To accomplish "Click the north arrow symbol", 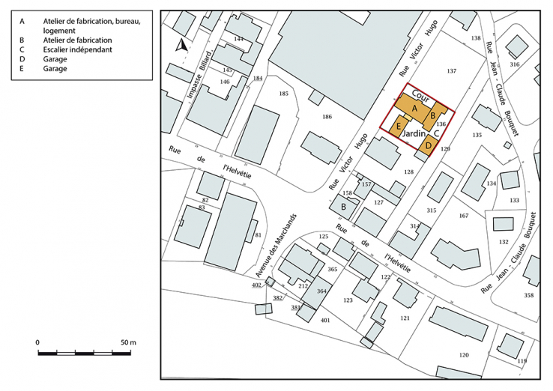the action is [x=181, y=46].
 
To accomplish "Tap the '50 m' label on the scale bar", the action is [x=127, y=342].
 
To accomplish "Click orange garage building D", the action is [x=428, y=145].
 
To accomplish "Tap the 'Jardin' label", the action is [x=414, y=133].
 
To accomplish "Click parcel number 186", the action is [x=327, y=117].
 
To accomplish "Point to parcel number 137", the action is [x=451, y=71].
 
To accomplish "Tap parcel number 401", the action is [x=325, y=320].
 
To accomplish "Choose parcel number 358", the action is [x=528, y=295].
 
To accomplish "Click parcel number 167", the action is [x=463, y=216].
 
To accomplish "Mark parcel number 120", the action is [x=464, y=354].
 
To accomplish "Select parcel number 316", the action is [x=514, y=64].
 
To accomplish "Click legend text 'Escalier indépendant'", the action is [x=77, y=49].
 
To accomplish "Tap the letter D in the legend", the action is [x=23, y=59].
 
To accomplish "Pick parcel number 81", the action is [x=258, y=235].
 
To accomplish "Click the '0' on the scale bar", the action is [x=37, y=342].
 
